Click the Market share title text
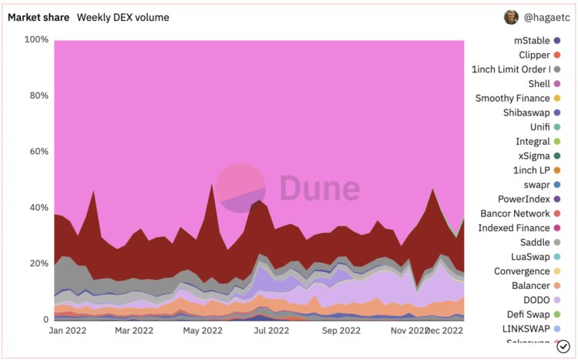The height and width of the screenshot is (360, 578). tap(38, 17)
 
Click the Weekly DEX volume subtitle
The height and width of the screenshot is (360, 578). tap(123, 17)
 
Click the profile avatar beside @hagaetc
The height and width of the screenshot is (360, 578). tap(511, 17)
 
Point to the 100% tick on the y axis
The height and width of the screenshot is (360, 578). tap(37, 40)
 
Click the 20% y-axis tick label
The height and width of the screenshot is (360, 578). tap(39, 264)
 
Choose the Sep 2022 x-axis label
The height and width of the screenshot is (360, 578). tap(340, 330)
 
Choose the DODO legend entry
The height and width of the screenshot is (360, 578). tap(534, 300)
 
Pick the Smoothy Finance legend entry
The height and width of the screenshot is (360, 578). tap(512, 98)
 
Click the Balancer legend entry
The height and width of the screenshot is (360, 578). tap(529, 285)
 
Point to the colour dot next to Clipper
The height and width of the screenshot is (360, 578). tap(557, 55)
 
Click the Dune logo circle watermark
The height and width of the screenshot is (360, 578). tap(240, 188)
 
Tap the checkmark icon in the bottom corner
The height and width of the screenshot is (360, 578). tap(563, 346)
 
